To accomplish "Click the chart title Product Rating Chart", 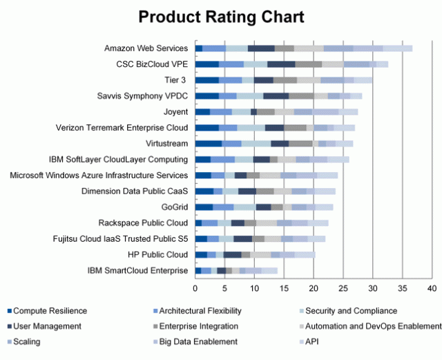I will click(x=221, y=17).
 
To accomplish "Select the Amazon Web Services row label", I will click(x=146, y=48).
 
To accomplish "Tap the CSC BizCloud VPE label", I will click(x=152, y=64).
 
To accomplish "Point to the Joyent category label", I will click(x=176, y=112).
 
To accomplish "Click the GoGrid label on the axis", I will click(x=174, y=207).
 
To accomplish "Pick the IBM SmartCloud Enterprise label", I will click(x=137, y=270).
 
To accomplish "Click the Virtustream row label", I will click(x=169, y=143).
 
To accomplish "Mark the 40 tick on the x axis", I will click(x=432, y=287).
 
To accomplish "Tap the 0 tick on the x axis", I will click(x=195, y=287).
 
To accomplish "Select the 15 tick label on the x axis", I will click(x=284, y=287).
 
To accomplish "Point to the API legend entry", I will click(x=313, y=341).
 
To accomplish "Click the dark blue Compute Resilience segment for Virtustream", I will click(x=209, y=144).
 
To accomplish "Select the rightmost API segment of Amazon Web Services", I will click(x=398, y=48).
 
